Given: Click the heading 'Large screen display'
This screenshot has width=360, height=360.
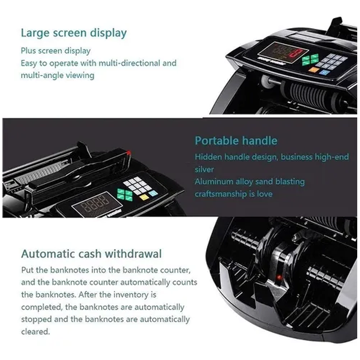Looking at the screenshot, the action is click(74, 33).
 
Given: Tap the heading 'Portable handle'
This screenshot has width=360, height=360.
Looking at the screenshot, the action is click(236, 141).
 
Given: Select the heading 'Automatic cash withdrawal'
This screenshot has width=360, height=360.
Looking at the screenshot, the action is click(91, 254).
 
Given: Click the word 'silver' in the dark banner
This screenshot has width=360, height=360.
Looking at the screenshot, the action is click(204, 169).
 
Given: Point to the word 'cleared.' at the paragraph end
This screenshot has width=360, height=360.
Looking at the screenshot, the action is click(35, 331).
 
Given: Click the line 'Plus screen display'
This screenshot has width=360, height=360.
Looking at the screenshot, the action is click(56, 51).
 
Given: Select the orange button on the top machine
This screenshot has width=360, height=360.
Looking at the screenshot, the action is click(314, 69).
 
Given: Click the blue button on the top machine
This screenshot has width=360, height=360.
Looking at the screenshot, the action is click(324, 73).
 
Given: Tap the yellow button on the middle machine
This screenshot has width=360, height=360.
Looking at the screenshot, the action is click(144, 197).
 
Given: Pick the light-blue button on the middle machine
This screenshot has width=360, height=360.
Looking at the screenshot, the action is click(153, 193).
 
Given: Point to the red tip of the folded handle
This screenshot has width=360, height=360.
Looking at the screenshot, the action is click(129, 153).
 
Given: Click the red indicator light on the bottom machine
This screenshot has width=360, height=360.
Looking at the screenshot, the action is click(280, 278).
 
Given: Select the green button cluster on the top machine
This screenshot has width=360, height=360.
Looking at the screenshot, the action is click(310, 60).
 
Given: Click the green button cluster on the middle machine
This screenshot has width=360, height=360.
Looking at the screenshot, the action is click(124, 195).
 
